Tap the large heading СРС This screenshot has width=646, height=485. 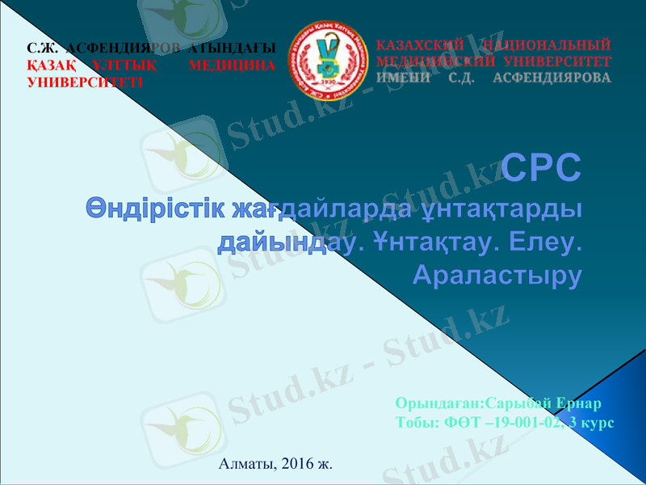click(541, 168)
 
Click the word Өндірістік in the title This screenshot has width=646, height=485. click(155, 209)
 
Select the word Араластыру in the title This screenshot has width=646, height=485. click(497, 275)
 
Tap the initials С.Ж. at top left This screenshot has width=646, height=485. click(43, 48)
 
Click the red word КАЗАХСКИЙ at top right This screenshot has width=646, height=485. click(419, 44)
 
